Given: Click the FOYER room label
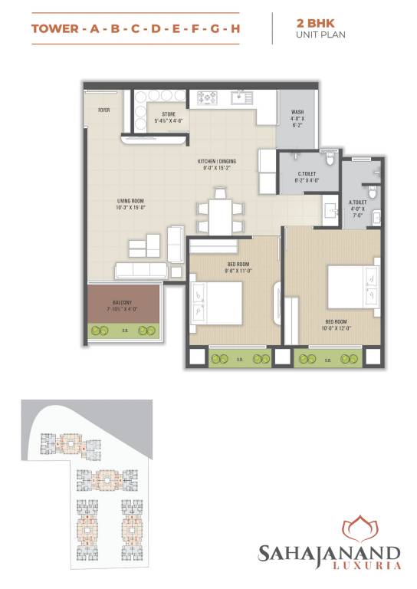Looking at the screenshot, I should point(103,110).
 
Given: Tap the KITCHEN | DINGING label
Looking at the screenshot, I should point(217,161).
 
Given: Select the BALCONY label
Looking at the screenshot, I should point(122,302).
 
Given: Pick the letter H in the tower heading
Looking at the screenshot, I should point(235,29).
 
